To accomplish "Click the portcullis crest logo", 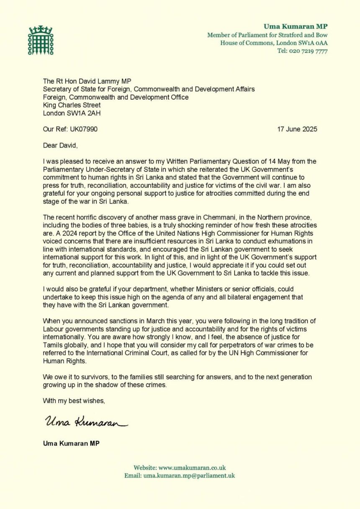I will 41,40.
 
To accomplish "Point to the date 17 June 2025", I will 297,129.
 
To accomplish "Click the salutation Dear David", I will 60,145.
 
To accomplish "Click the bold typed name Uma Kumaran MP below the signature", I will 71,443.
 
